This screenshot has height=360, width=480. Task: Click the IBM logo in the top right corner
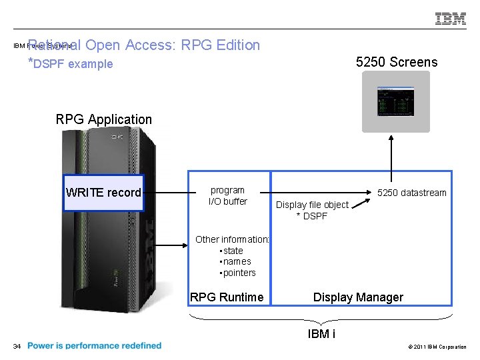coord(451,19)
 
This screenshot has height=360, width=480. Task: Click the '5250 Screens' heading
coord(397,62)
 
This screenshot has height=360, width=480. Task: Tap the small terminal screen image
coord(396,101)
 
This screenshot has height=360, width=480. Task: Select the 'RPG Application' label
coord(104,119)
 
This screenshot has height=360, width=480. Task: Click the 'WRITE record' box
coord(103,193)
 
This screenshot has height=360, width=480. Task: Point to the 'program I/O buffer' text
coord(227,195)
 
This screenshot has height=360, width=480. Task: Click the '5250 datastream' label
coord(411,193)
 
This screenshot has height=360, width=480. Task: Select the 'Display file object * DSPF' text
coord(312,210)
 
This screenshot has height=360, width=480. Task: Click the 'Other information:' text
coord(232,239)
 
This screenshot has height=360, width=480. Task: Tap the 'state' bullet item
coord(233,251)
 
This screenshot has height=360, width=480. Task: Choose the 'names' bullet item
coord(237,261)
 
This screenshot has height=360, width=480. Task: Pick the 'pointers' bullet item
coord(239,273)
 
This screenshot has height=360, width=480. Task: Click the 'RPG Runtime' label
coord(227,297)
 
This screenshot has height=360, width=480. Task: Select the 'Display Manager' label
coord(358,297)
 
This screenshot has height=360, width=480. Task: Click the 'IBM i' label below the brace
coord(321,334)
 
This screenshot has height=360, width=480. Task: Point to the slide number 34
coord(17,346)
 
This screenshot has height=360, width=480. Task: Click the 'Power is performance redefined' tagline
coord(95,345)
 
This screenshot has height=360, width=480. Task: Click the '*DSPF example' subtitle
coord(70,64)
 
